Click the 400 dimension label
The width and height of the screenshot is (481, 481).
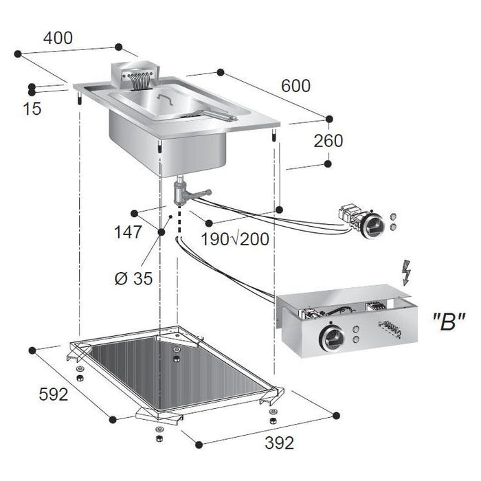pos(58,38)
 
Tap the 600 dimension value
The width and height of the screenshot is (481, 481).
pos(295,86)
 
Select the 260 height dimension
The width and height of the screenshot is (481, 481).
pos(328,141)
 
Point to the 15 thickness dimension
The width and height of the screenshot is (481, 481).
pos(32,109)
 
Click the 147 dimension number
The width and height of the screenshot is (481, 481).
pos(128,232)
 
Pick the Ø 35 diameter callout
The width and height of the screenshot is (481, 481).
pos(134,278)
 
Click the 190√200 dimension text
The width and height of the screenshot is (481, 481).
pos(235,239)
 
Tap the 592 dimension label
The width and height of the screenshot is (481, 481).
pos(54,394)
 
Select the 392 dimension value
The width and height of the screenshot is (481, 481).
pos(280,443)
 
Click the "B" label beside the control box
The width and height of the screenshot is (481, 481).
pos(449,322)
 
